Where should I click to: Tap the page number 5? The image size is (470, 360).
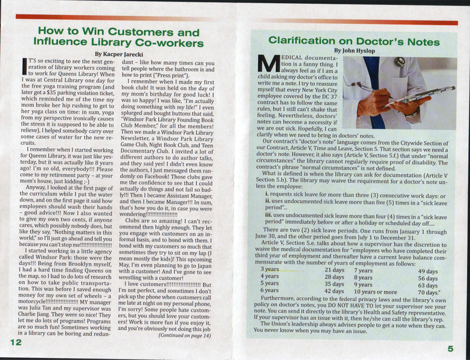pos(450,349)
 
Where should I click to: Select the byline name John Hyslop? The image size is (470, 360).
pos(354,50)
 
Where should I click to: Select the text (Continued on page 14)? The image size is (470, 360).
pos(185,335)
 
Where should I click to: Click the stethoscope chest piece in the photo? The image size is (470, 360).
pos(399,61)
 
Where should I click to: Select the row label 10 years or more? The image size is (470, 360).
pos(375,291)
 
